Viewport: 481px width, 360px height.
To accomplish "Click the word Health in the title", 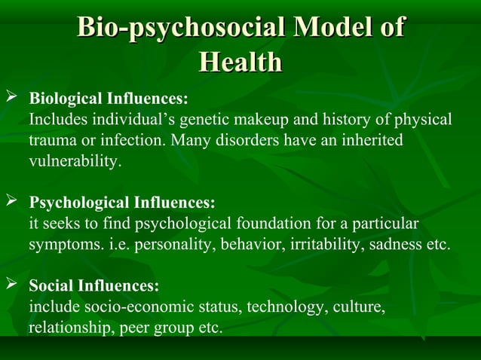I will coord(240,63).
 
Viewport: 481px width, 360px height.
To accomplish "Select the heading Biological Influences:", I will coord(109,99).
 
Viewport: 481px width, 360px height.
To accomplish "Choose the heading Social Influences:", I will coord(94,286).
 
